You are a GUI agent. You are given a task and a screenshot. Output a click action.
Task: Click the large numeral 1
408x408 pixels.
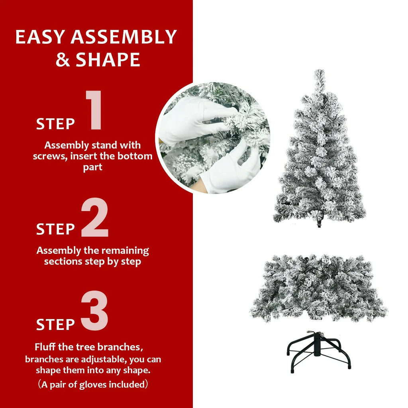(94, 110)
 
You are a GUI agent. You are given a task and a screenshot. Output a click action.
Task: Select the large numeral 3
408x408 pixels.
(95, 311)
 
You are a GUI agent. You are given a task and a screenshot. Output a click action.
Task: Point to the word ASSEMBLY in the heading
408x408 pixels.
(124, 37)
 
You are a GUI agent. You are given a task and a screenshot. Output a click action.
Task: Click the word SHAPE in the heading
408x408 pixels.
(108, 59)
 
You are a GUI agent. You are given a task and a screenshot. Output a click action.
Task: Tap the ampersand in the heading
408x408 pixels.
(63, 59)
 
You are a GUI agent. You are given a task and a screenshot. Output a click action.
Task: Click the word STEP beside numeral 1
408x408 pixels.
(55, 124)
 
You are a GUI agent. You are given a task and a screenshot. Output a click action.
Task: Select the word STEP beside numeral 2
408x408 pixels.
(55, 229)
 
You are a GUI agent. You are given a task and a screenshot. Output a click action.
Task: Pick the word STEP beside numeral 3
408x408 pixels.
(55, 324)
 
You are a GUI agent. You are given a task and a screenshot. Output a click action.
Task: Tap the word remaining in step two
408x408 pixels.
(125, 251)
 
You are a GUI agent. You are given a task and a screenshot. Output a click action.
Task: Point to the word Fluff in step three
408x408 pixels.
(45, 347)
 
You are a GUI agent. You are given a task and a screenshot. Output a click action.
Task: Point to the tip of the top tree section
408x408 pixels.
(319, 73)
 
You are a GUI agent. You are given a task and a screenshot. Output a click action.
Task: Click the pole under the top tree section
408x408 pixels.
(319, 223)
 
